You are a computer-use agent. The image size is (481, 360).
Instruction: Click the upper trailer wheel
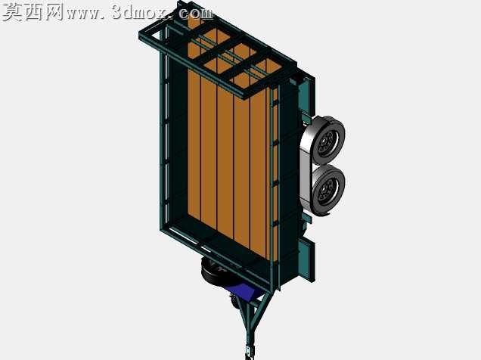point(328,141)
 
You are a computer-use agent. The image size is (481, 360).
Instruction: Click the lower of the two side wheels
point(328,191)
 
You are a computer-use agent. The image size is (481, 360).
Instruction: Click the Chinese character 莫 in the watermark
point(13,12)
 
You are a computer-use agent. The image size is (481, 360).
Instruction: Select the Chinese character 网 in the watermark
point(54,12)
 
